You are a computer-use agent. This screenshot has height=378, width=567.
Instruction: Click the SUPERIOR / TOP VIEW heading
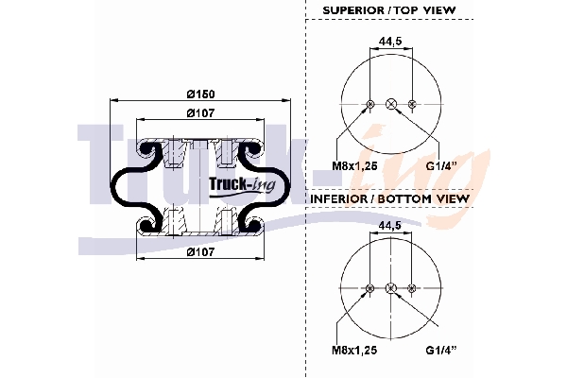[389, 10]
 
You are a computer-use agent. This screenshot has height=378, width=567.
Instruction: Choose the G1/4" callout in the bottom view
[441, 351]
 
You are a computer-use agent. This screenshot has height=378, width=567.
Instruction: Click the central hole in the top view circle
[390, 103]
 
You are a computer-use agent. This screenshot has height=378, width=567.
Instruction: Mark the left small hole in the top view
[369, 103]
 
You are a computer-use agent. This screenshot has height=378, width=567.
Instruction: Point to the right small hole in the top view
[412, 103]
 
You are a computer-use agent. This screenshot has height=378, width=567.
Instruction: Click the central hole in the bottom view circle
[390, 287]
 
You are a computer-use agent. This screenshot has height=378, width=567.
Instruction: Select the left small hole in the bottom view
[369, 287]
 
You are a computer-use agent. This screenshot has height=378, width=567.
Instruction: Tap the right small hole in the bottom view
[412, 287]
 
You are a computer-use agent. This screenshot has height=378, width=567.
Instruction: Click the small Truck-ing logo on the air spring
[241, 184]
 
